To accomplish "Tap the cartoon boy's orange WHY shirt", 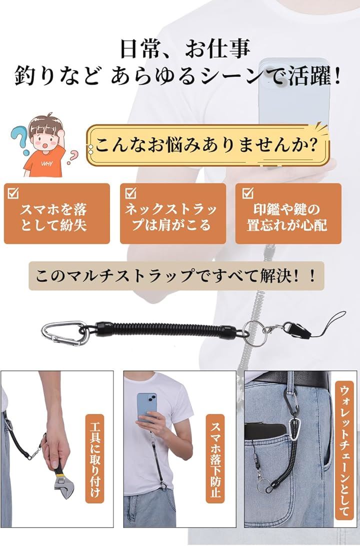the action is tap(45, 163).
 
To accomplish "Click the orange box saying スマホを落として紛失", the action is tap(57, 214).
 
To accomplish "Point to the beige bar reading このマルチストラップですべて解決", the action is tap(176, 276).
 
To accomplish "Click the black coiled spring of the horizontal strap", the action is tap(167, 329).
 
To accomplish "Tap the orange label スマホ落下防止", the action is tap(215, 458).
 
